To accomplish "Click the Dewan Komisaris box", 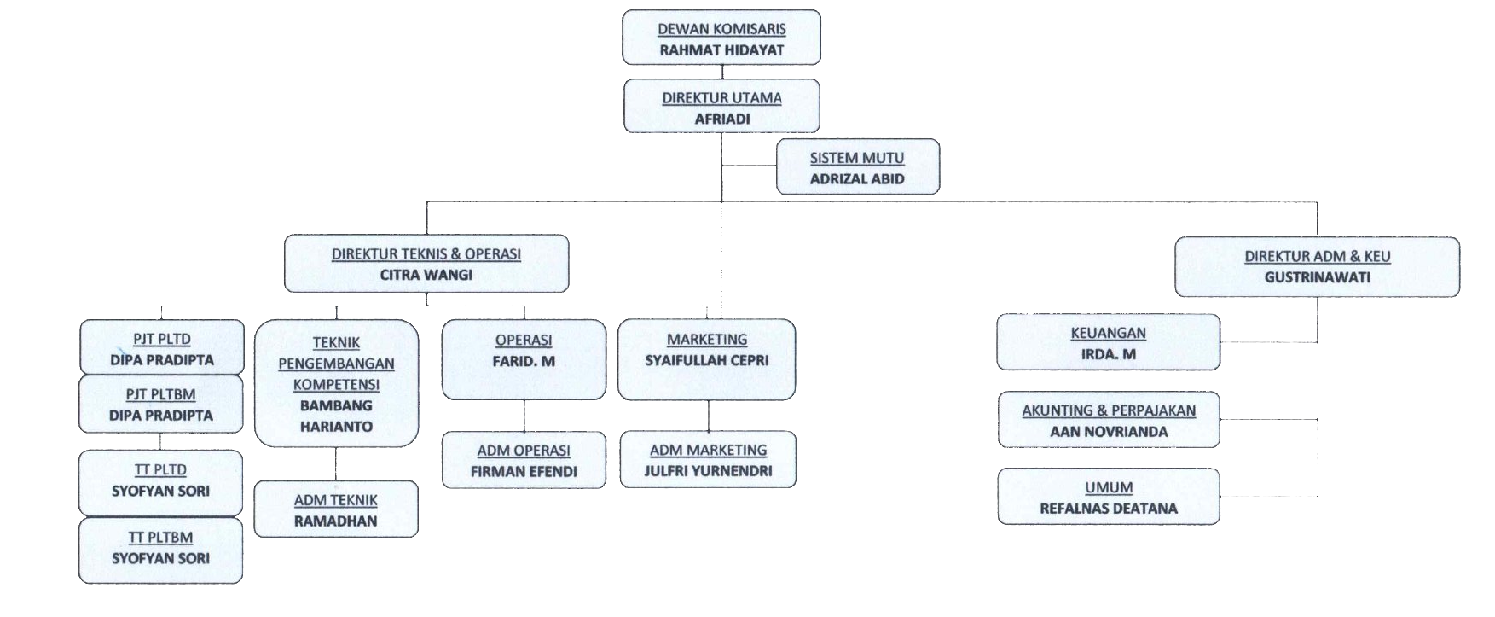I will tap(721, 38).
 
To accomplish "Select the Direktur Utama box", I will tap(721, 107).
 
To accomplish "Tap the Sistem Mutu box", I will tap(857, 167).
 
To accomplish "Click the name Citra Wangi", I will tap(426, 275).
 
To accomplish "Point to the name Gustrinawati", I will tap(1317, 277).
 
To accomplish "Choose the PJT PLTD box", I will tap(161, 348).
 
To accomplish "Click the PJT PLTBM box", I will tap(161, 405).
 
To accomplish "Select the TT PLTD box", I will tap(160, 480).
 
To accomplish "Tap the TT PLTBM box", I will tap(160, 548).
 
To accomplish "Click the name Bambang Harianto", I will tap(336, 416).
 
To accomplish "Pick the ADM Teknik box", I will tap(336, 509).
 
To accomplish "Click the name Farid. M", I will tap(524, 361).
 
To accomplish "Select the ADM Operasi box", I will tap(524, 460).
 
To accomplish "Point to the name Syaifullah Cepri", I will tap(707, 360).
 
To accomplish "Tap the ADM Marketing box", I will tap(708, 459).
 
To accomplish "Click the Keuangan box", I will tap(1108, 342).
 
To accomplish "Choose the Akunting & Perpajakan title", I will tap(1109, 410).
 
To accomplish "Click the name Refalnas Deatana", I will tap(1109, 509).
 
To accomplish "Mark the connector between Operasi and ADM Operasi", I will tap(524, 416).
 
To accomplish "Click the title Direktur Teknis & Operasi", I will tap(426, 254).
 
